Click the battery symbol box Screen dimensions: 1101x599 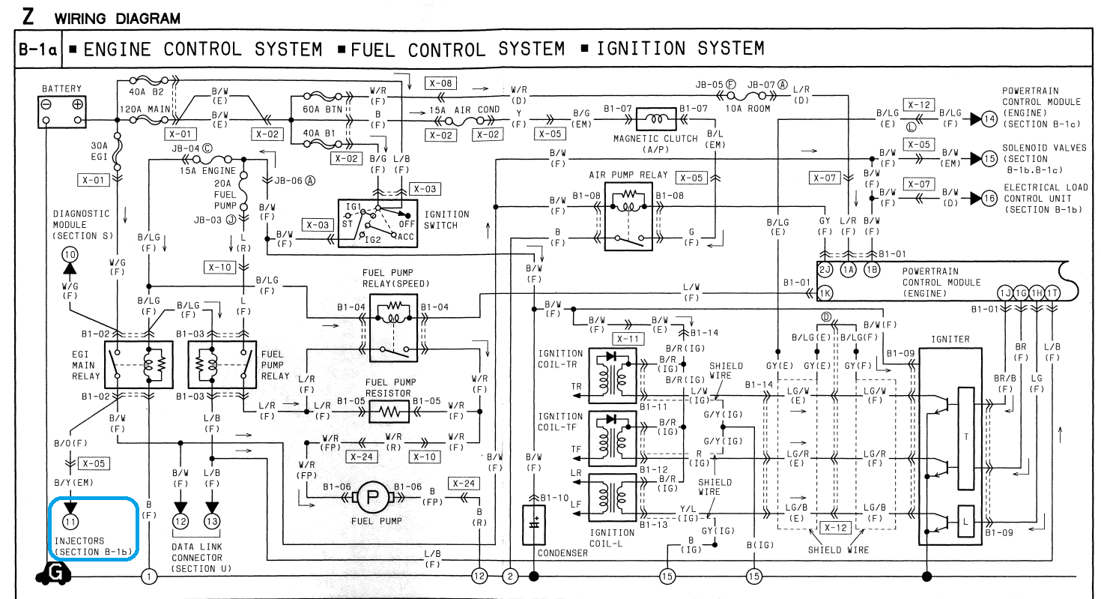62,112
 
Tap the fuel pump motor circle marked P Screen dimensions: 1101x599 372,497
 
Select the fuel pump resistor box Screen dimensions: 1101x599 389,412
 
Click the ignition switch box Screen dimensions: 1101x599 377,223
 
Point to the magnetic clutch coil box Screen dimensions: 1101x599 656,119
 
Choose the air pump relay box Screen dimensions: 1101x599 628,217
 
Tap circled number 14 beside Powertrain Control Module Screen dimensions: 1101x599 989,119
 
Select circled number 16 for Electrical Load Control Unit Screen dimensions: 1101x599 989,198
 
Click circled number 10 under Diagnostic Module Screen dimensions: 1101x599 70,255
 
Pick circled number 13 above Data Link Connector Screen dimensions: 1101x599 212,521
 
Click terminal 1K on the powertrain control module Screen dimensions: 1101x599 825,294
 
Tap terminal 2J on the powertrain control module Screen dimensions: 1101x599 825,269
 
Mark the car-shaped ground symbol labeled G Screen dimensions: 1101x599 53,574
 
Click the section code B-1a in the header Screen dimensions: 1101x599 38,49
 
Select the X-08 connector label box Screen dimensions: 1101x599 440,83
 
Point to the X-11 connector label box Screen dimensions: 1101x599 628,339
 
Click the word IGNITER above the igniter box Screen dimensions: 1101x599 950,340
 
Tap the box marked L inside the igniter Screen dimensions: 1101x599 966,522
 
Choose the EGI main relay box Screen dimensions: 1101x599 139,365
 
